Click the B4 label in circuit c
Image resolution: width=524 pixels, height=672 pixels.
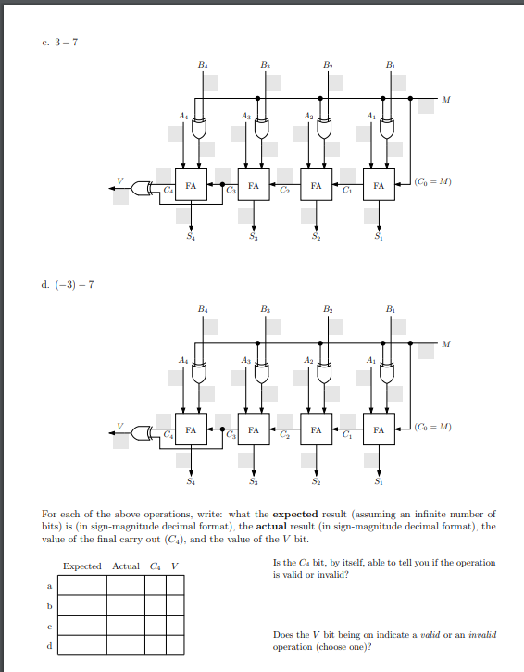pyautogui.click(x=203, y=64)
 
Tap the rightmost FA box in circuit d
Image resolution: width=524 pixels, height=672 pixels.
pyautogui.click(x=378, y=430)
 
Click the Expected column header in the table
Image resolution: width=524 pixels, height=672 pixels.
pyautogui.click(x=82, y=566)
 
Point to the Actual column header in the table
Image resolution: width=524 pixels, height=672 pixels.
pyautogui.click(x=126, y=566)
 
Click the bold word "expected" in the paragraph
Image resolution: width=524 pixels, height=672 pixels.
pyautogui.click(x=295, y=514)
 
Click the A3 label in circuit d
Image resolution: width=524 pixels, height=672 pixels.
pyautogui.click(x=245, y=359)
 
